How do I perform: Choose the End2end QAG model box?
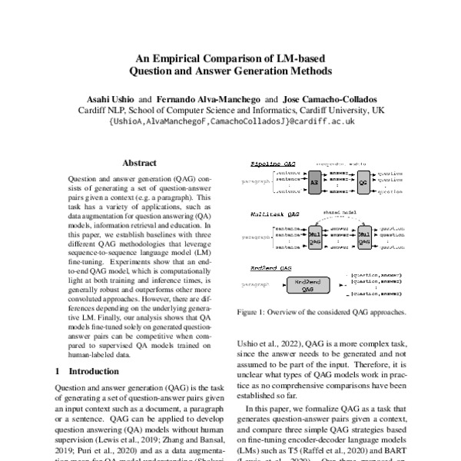307,287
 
